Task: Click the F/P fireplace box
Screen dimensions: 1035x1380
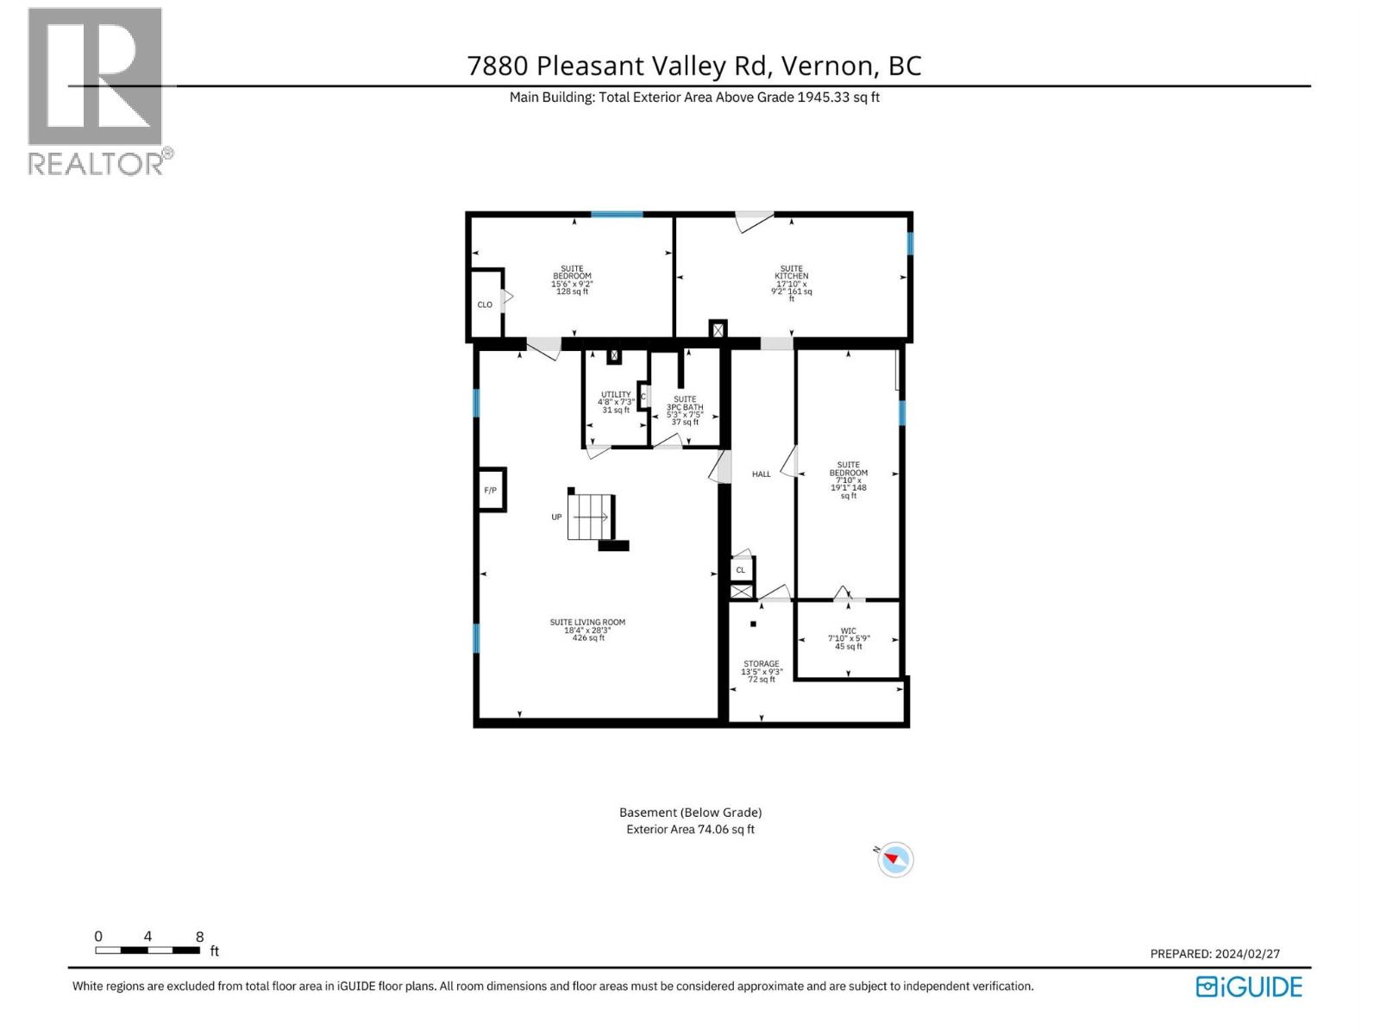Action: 491,490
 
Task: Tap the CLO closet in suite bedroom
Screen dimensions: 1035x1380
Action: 486,304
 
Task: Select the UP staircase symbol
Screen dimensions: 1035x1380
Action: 591,517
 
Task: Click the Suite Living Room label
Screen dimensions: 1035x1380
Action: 587,630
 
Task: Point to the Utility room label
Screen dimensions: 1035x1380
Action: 616,402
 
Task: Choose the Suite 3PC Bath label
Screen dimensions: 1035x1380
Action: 685,411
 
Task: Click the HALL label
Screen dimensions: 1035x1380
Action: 761,474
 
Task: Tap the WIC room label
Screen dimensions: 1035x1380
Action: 849,638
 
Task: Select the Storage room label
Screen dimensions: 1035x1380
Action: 761,671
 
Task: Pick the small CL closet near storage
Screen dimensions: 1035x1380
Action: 741,570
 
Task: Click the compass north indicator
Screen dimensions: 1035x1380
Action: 895,859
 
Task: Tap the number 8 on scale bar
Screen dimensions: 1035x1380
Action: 200,937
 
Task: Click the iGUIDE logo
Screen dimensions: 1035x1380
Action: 1249,987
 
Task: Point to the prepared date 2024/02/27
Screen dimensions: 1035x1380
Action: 1247,954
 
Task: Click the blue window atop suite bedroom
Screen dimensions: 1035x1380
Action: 616,214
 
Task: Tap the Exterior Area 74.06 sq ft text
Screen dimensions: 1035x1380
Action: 690,830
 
